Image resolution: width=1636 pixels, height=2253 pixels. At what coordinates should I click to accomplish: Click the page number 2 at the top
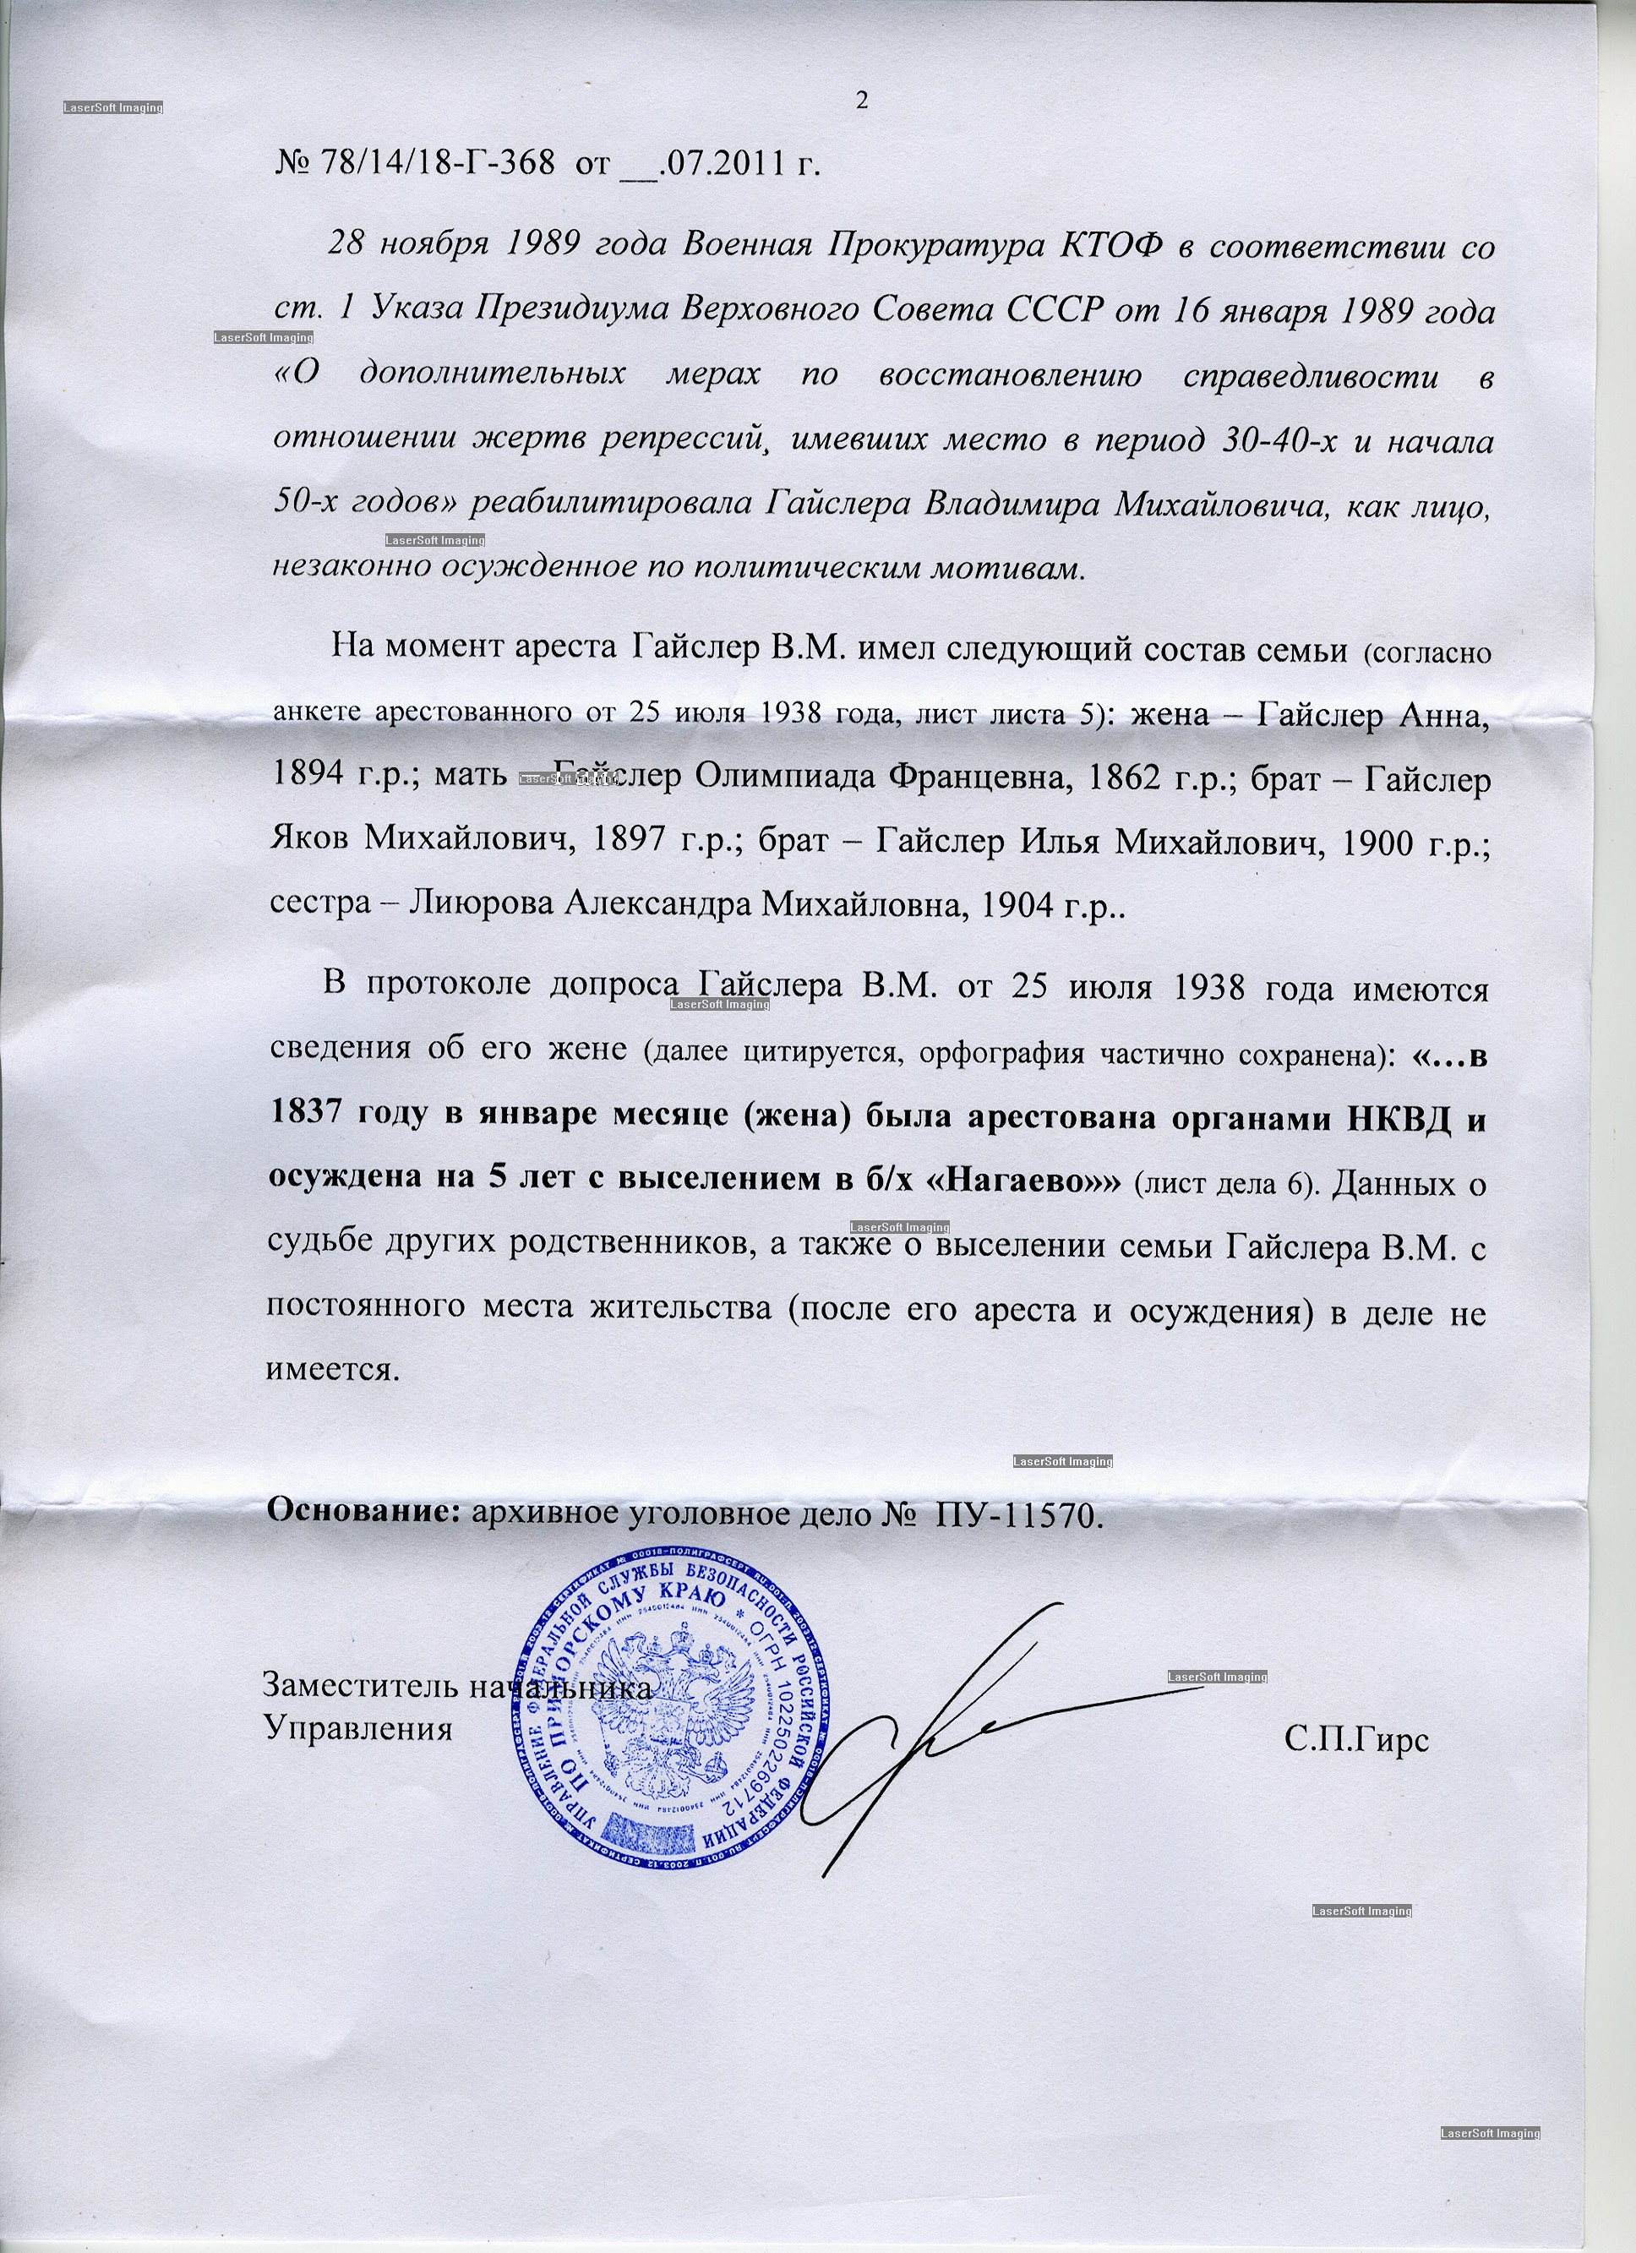(861, 101)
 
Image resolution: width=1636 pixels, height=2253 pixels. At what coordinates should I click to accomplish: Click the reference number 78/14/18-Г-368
(436, 162)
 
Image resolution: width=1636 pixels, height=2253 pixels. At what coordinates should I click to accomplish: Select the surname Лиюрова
(482, 904)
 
